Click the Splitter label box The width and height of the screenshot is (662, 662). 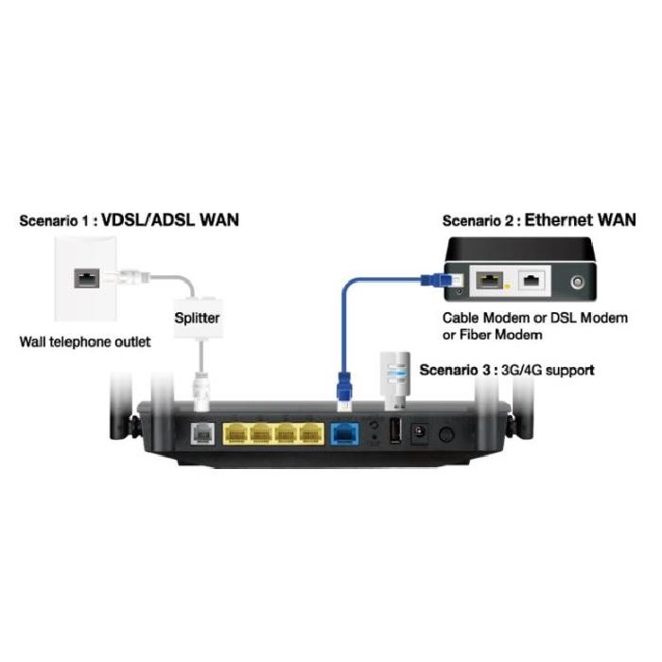pos(197,318)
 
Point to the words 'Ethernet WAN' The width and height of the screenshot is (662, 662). pos(580,220)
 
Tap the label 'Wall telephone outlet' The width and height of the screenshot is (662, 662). pos(85,341)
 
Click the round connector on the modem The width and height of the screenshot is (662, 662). pos(576,281)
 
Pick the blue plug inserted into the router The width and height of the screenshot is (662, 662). pos(344,393)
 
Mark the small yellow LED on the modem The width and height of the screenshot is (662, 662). pos(509,285)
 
